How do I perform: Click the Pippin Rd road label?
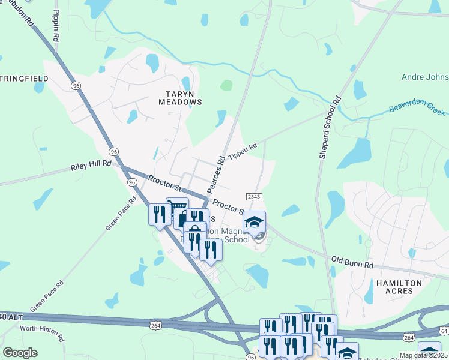click(x=56, y=26)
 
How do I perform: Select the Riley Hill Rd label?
click(x=91, y=163)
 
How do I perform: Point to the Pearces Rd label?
click(x=215, y=174)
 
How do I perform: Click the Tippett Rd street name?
click(x=242, y=149)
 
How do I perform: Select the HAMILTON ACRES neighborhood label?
click(x=395, y=286)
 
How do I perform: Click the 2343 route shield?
click(x=253, y=197)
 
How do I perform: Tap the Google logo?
click(x=20, y=353)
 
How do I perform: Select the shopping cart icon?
click(x=177, y=208)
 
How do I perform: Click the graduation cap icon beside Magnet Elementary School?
click(x=254, y=222)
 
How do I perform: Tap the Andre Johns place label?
click(x=424, y=77)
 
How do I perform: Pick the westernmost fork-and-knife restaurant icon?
click(x=160, y=214)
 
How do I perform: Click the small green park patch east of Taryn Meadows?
click(x=226, y=85)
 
